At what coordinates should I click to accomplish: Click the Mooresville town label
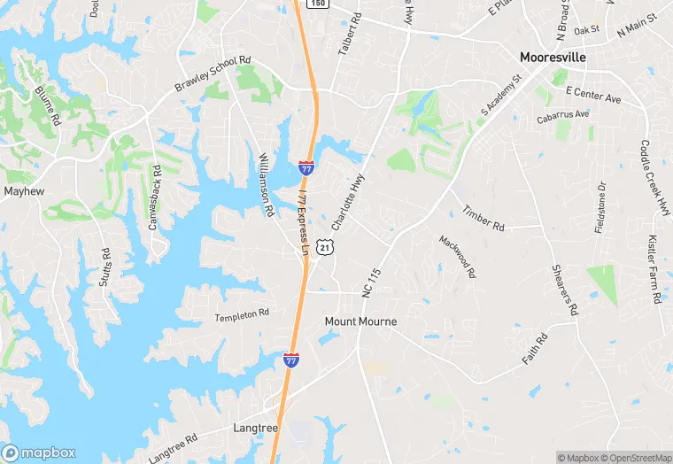pyautogui.click(x=554, y=57)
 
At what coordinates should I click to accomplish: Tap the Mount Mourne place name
pyautogui.click(x=360, y=321)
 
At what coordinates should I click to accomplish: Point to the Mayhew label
pyautogui.click(x=24, y=190)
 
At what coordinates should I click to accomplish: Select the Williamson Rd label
pyautogui.click(x=265, y=184)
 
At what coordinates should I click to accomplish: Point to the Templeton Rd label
pyautogui.click(x=242, y=314)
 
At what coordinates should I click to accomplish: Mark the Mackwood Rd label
pyautogui.click(x=457, y=257)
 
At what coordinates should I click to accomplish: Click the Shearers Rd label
pyautogui.click(x=564, y=290)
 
